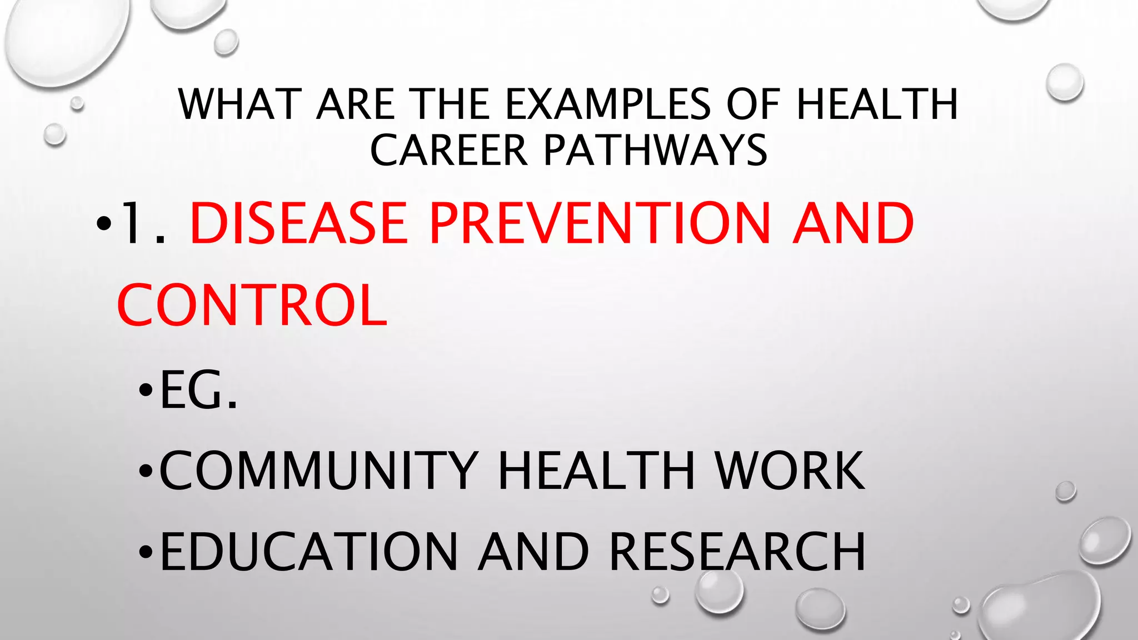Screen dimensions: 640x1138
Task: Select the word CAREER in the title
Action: [448, 151]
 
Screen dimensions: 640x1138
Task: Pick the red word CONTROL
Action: [252, 306]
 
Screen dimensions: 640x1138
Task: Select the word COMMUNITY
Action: [318, 471]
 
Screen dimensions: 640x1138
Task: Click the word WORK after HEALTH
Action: [790, 471]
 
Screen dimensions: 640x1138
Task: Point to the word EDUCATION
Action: [308, 552]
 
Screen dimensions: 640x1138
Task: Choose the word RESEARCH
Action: [737, 552]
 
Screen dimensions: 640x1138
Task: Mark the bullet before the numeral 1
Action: [103, 224]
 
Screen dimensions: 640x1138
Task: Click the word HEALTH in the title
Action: [877, 104]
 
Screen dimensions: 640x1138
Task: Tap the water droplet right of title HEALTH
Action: [1065, 82]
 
